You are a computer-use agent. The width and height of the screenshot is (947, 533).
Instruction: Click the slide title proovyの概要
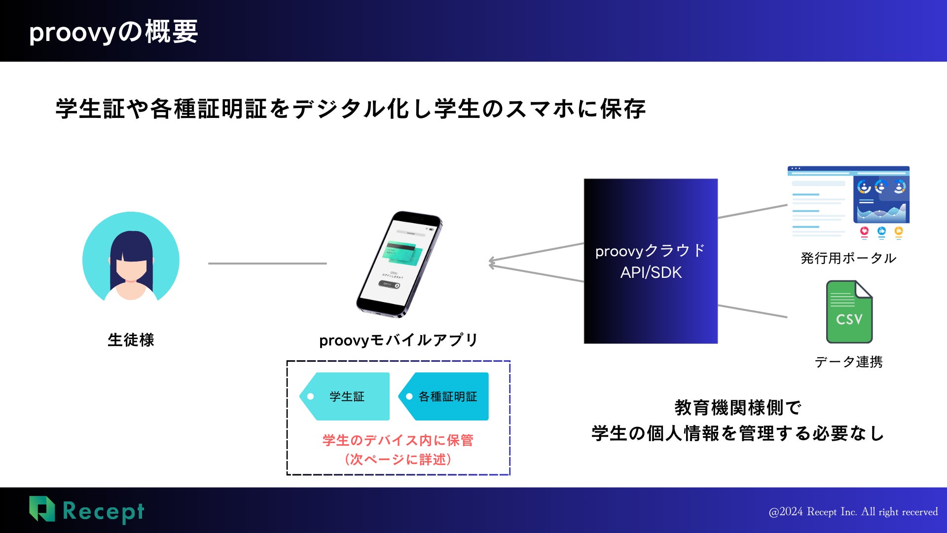pos(113,32)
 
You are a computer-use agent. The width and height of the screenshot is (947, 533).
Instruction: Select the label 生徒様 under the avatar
pos(131,340)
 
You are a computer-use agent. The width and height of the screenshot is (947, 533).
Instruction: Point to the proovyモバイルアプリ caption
pos(399,340)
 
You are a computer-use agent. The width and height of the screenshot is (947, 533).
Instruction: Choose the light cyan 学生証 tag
pos(345,396)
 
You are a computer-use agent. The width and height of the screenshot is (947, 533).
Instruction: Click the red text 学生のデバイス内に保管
pos(398,440)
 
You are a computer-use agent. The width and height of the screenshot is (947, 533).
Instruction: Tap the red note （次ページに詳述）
pos(398,459)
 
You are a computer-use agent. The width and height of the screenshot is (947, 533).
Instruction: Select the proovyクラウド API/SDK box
pos(651,261)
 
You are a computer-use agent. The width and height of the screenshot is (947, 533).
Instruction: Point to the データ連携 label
pos(849,362)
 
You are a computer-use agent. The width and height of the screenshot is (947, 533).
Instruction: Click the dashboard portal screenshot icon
pos(848,203)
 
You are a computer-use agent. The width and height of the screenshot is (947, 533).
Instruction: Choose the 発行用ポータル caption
pos(849,258)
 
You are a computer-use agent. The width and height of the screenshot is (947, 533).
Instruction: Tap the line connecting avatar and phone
pos(267,264)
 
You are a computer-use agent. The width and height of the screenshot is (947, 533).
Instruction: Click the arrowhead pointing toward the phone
pos(492,263)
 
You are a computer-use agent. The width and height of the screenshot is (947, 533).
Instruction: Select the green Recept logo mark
pos(42,509)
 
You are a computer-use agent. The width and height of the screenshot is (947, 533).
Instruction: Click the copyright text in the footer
pos(853,512)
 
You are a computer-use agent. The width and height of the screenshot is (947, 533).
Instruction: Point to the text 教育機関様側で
pos(738,408)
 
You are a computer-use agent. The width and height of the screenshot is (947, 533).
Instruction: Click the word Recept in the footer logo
pos(104,512)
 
